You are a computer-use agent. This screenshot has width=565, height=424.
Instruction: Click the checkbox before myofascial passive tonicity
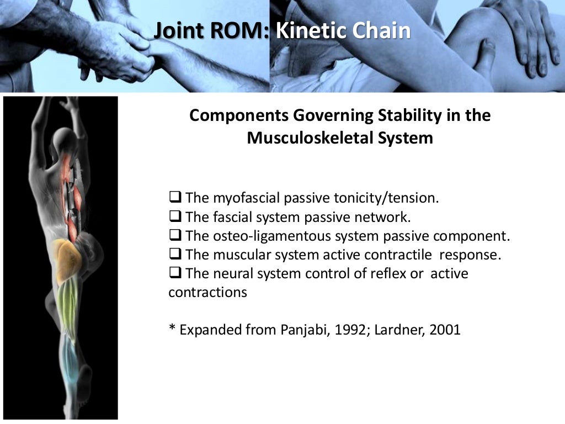(x=175, y=197)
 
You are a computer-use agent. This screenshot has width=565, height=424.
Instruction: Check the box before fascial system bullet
(x=175, y=216)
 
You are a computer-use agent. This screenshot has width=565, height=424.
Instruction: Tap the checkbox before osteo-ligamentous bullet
(x=175, y=235)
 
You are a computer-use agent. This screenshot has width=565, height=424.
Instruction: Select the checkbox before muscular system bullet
(x=175, y=254)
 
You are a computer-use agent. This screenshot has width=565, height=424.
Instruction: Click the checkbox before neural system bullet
(x=175, y=273)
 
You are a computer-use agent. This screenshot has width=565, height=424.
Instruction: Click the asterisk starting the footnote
(x=172, y=329)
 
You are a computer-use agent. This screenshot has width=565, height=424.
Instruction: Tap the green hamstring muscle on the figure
(x=67, y=304)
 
